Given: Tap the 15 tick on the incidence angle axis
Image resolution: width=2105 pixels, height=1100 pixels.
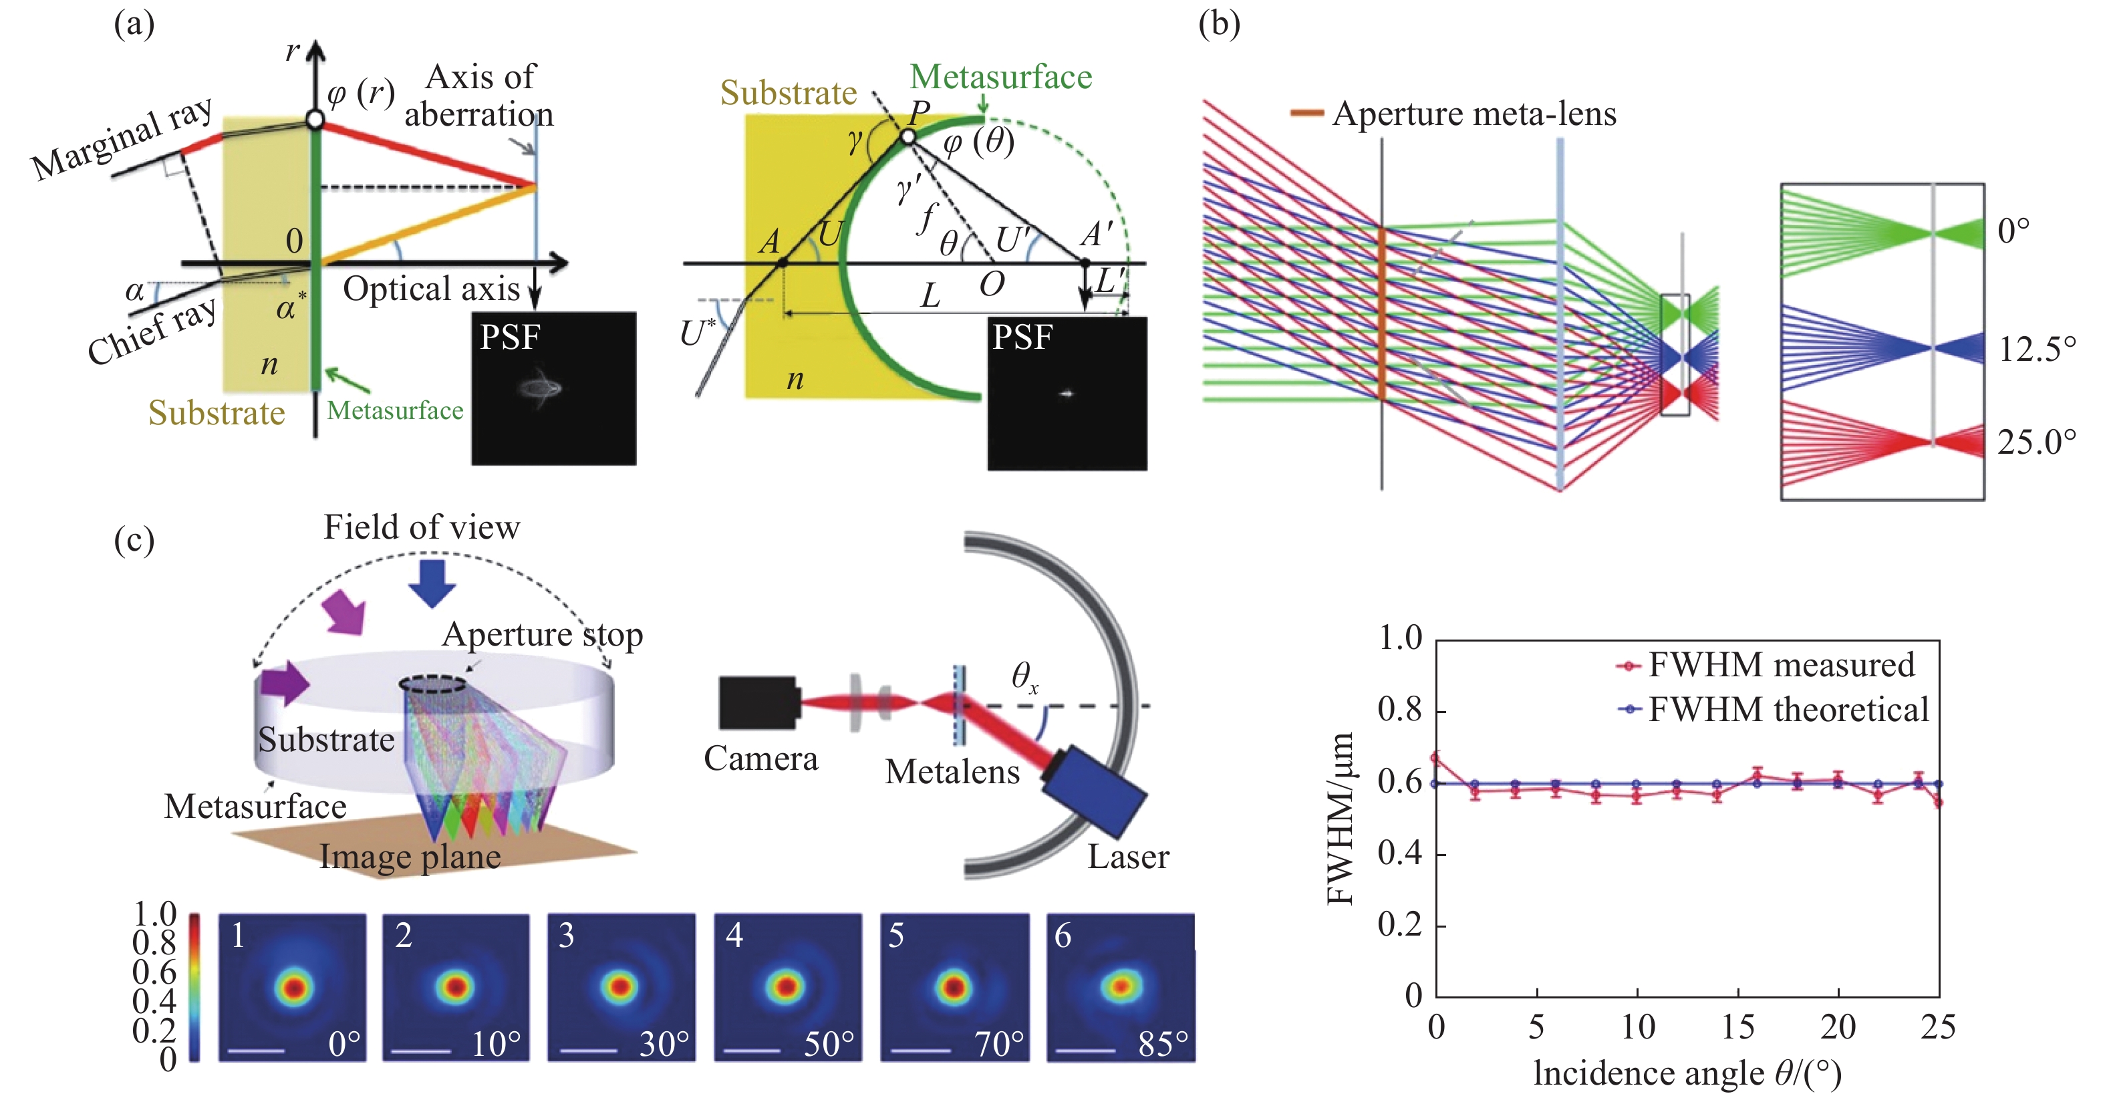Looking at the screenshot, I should click(x=1737, y=1027).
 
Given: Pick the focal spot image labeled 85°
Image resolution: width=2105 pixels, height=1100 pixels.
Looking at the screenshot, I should click(x=1120, y=987).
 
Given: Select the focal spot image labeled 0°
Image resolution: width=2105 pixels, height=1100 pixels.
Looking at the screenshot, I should click(x=292, y=987).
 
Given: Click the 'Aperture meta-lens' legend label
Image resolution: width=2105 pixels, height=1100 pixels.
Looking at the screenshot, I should click(x=1473, y=114).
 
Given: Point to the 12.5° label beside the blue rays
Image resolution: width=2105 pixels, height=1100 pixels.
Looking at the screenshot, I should click(x=2036, y=350).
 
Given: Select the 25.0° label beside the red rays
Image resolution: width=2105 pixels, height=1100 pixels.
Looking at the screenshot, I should click(x=2036, y=442).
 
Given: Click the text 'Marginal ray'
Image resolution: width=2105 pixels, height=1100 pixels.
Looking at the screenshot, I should click(x=122, y=139).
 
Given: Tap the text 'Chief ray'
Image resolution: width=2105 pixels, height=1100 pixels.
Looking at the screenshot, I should click(x=152, y=331).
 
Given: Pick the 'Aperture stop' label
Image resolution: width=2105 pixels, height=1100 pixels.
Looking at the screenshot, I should click(x=542, y=635).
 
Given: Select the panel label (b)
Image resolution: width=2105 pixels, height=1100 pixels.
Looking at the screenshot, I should click(x=1218, y=25).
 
